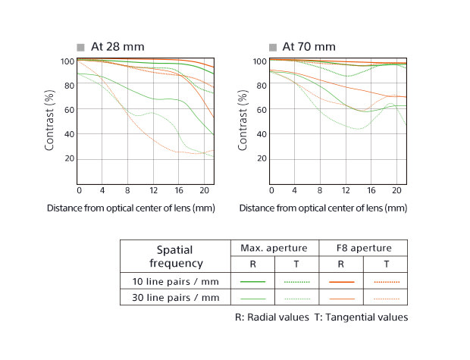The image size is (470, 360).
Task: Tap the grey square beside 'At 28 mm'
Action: (80, 47)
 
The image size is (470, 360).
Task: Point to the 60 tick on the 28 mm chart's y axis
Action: (68, 110)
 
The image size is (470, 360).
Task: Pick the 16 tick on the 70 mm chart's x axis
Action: (369, 189)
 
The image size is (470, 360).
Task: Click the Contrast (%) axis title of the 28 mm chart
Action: (49, 122)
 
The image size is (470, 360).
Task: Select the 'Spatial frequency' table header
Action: (174, 256)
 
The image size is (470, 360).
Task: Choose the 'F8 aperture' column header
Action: (363, 249)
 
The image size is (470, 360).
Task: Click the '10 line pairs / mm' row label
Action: (174, 281)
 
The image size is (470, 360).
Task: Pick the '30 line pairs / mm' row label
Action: (174, 298)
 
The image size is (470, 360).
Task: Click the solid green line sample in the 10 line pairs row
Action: (252, 281)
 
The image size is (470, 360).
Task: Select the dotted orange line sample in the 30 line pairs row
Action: (385, 298)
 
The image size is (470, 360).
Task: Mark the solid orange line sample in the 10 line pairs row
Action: (341, 281)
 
